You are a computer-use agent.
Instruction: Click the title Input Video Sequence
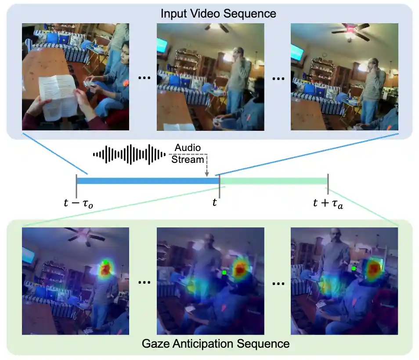click(x=218, y=13)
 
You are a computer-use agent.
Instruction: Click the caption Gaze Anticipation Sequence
click(x=216, y=343)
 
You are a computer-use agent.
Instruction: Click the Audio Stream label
click(x=188, y=154)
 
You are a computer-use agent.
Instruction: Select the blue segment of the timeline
click(x=148, y=180)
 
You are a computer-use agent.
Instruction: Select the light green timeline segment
click(x=274, y=180)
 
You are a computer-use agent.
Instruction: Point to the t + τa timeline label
click(x=328, y=203)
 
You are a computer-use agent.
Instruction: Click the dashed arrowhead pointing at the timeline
click(x=206, y=175)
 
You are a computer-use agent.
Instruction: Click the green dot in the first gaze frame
click(x=106, y=262)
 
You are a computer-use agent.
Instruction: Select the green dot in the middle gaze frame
click(x=224, y=273)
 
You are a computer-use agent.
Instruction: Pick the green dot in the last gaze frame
click(x=354, y=268)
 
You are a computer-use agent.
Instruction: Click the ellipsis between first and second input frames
click(x=144, y=78)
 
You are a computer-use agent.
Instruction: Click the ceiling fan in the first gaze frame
click(x=85, y=236)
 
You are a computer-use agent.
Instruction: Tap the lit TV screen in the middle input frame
click(x=162, y=45)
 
